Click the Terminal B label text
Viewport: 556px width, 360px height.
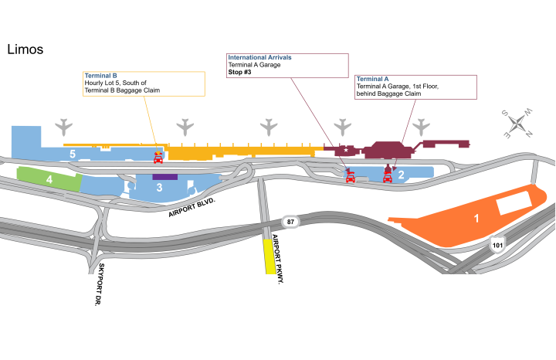point(100,76)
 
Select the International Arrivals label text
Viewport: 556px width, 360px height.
point(259,57)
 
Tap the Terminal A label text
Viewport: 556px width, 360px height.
point(372,79)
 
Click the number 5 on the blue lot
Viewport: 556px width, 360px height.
point(73,155)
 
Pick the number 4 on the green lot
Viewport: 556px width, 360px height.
point(49,180)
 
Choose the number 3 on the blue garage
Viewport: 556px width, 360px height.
point(159,188)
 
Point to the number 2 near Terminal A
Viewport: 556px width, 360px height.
point(402,175)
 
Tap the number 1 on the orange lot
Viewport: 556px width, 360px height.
point(476,219)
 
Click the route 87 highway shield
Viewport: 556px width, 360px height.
point(290,222)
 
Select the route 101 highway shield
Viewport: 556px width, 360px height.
point(497,246)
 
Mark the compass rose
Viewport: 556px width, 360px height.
point(517,124)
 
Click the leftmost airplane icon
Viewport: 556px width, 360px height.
point(63,127)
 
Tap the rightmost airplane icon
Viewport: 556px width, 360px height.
point(421,127)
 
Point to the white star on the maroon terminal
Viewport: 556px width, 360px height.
point(346,150)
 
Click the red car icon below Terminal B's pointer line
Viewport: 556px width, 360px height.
point(158,158)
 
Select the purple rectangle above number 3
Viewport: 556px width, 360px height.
point(164,177)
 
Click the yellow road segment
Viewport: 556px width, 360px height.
point(270,256)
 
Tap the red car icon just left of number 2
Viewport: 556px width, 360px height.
point(388,177)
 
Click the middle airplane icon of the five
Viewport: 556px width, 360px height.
point(269,127)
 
